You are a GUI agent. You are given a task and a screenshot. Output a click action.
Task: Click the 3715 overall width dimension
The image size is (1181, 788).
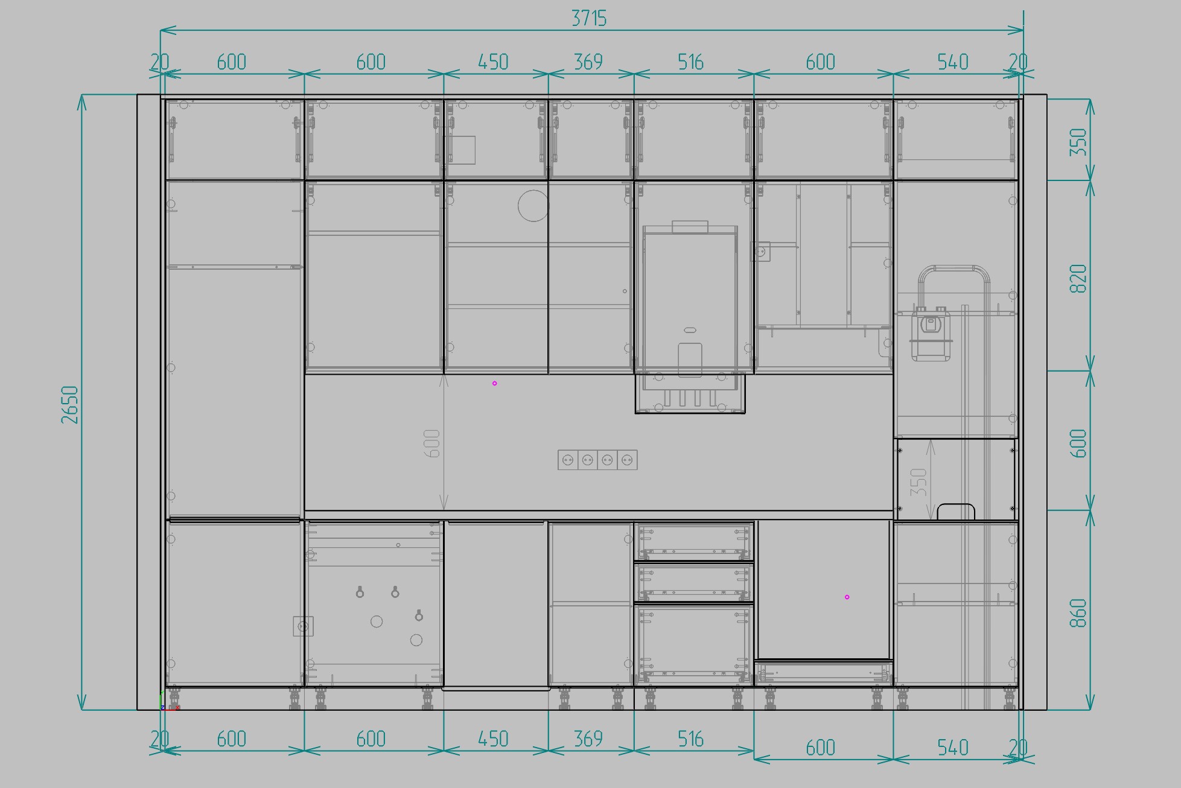click(588, 19)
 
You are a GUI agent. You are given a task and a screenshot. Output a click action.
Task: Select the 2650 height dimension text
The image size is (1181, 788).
click(70, 404)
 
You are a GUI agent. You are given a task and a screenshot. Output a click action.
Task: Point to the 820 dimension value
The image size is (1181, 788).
click(1078, 279)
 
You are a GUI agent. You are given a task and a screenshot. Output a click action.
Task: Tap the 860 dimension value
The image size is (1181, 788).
click(1078, 613)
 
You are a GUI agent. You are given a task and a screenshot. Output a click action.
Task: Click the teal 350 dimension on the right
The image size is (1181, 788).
click(1078, 142)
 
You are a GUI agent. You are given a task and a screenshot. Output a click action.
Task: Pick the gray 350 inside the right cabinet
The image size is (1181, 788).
click(918, 482)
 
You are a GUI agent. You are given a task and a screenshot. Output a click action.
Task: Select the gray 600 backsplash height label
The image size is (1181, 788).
click(432, 443)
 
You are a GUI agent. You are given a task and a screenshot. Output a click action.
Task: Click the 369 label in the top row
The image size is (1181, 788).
click(588, 62)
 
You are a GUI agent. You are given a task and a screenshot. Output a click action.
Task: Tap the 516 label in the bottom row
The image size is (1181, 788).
click(690, 739)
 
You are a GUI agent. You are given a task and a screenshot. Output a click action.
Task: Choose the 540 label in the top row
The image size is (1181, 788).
click(953, 62)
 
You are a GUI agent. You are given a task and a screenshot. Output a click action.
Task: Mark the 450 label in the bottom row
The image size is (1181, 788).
click(493, 739)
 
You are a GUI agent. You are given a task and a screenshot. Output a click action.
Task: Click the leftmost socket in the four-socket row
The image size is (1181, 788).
click(568, 460)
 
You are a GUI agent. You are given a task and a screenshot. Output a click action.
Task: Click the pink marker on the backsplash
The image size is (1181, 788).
click(494, 383)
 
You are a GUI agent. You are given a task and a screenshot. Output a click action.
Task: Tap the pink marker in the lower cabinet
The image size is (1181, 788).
click(847, 597)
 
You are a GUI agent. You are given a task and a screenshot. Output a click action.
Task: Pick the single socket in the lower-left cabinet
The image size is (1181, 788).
click(303, 626)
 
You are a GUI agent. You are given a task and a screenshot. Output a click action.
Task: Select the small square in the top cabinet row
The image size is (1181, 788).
click(460, 150)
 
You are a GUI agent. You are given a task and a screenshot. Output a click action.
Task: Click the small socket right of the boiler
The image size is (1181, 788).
click(762, 252)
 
